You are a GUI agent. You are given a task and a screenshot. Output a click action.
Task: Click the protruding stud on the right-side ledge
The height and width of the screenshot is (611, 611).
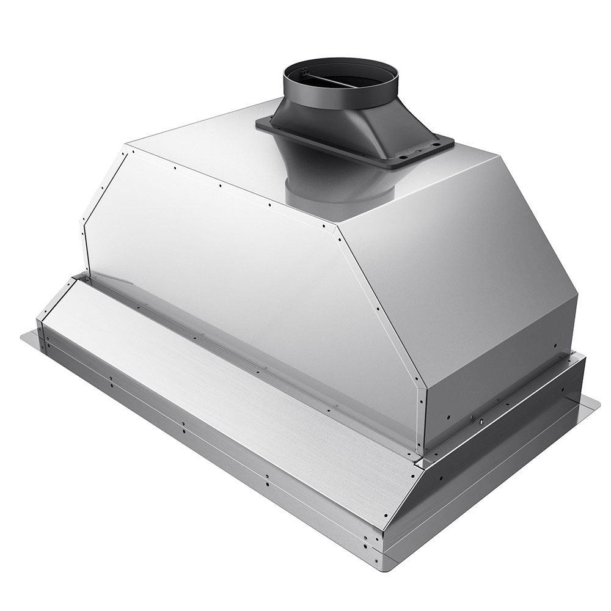click(x=481, y=422)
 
